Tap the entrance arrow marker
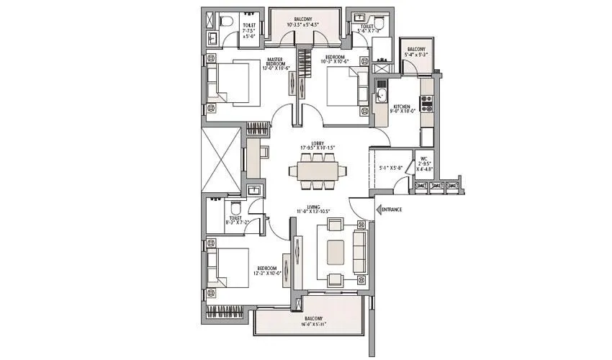(x=377, y=210)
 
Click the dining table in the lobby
(x=318, y=171)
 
